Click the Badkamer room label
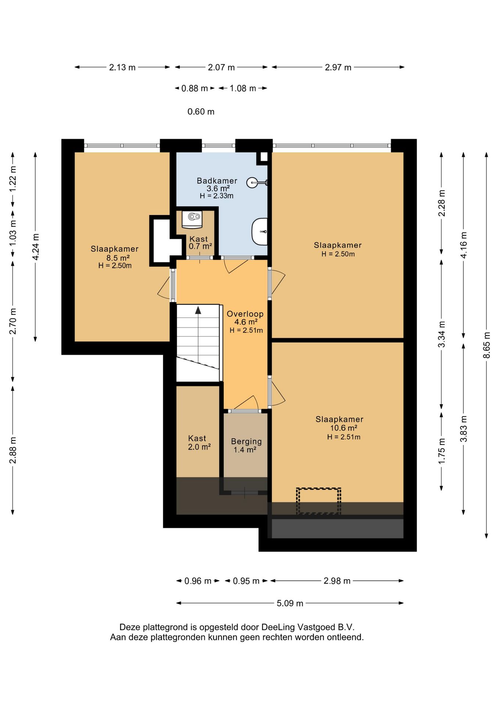click(x=217, y=181)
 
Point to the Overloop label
click(x=245, y=314)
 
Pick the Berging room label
click(x=246, y=441)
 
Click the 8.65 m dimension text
click(x=487, y=345)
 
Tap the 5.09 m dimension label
click(x=290, y=603)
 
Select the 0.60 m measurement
click(x=201, y=111)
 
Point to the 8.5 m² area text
click(x=118, y=258)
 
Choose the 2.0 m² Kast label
click(x=199, y=447)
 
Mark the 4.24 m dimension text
click(x=36, y=247)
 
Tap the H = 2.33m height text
click(x=216, y=196)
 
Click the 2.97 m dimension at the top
click(x=338, y=67)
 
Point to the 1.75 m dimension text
click(x=442, y=451)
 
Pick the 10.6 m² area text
click(x=344, y=428)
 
